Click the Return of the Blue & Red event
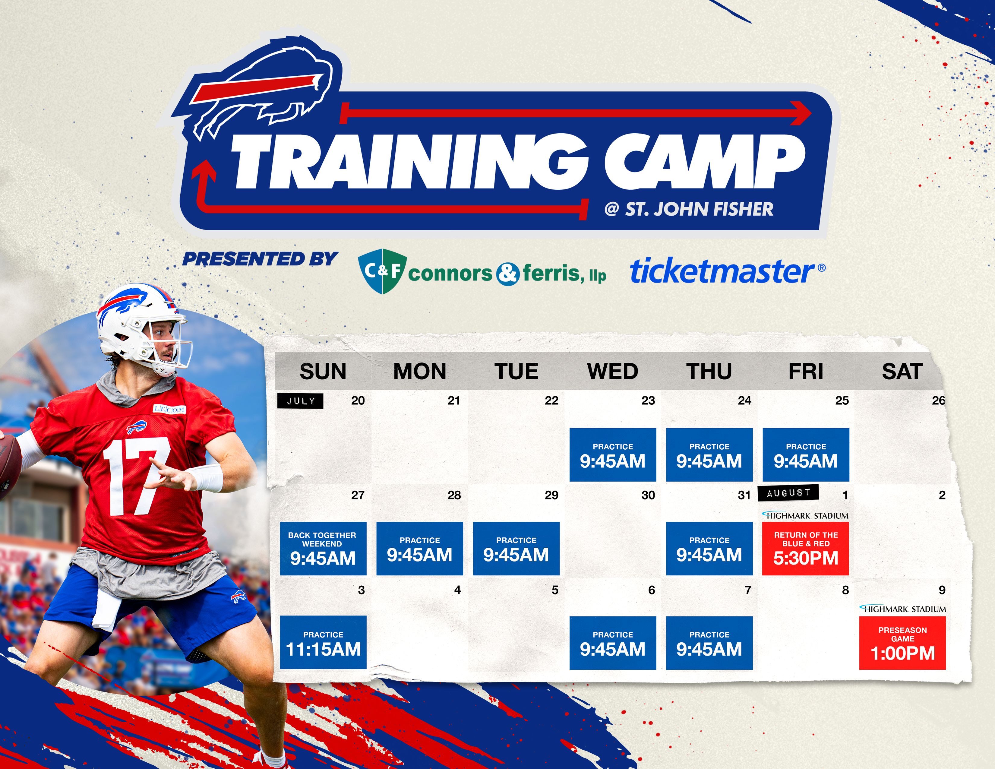pos(805,549)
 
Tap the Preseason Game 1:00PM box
pos(902,643)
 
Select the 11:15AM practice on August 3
pos(323,642)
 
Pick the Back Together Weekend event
pos(323,549)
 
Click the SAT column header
pos(902,371)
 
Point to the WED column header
pos(613,371)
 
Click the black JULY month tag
pos(301,401)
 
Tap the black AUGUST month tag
pos(788,492)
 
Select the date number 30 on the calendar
pos(648,495)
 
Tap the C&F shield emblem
pos(382,271)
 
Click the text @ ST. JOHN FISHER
pos(689,209)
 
